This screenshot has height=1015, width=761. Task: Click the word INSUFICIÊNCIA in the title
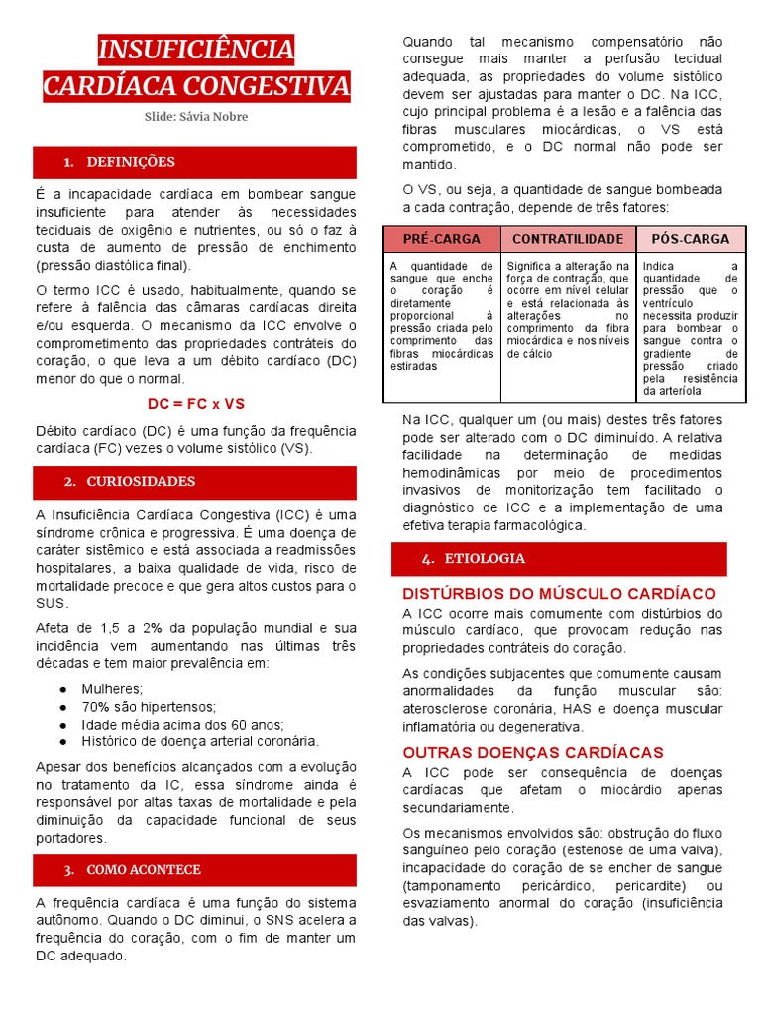[195, 50]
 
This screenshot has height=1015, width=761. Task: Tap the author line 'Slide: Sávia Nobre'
[195, 117]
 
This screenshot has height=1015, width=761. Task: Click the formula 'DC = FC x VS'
[195, 404]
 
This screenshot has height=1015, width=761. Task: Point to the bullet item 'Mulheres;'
[112, 688]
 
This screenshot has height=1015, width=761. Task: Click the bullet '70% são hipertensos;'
[149, 706]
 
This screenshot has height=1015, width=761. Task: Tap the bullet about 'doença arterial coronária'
[200, 741]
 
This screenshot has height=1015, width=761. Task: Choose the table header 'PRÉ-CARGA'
[442, 239]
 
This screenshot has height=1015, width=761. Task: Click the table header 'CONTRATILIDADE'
[568, 239]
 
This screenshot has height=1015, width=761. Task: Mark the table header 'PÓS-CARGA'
[690, 239]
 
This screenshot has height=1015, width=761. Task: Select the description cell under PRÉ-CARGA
[442, 315]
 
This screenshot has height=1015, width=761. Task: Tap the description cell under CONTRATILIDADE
[568, 309]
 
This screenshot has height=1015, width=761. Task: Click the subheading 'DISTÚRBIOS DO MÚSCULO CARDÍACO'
[559, 593]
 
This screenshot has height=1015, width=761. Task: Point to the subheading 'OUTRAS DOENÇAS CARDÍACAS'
[533, 752]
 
